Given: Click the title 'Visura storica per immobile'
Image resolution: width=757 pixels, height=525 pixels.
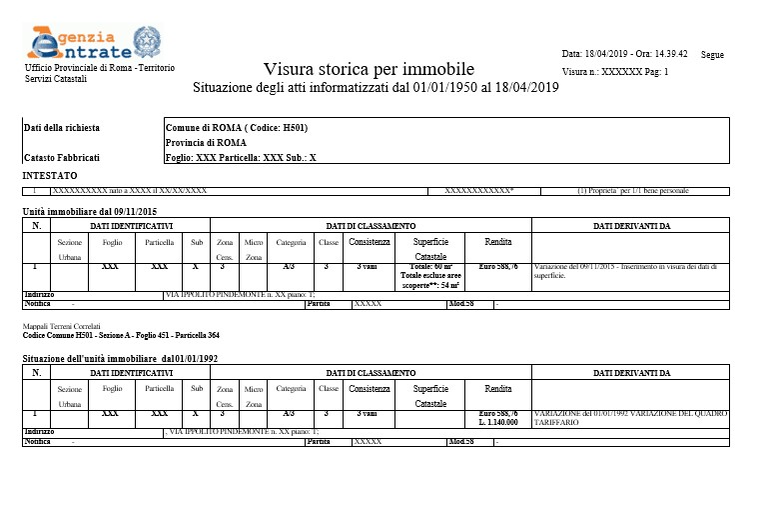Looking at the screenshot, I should [368, 69].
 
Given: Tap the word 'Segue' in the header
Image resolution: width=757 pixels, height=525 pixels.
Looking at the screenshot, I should [712, 55].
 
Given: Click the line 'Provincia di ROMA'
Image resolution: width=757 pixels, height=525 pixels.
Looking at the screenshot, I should [206, 143].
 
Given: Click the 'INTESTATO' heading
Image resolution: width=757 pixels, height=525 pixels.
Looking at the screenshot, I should [50, 175].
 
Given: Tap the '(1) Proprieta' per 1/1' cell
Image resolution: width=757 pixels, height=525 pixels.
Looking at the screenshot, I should [633, 190].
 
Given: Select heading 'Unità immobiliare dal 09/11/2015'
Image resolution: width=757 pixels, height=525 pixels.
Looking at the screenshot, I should [90, 212].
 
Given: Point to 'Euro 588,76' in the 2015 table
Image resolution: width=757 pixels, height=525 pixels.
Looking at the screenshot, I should [498, 267].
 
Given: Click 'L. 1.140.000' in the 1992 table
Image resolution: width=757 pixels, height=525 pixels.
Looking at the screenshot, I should [498, 422].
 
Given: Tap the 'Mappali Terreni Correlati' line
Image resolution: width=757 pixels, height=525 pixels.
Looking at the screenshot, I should [61, 326].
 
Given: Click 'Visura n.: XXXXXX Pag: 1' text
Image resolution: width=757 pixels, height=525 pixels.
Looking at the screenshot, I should [615, 72].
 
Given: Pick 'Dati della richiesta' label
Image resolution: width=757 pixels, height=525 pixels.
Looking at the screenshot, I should [62, 128].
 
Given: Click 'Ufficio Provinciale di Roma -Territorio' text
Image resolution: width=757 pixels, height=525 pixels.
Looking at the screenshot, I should [99, 67].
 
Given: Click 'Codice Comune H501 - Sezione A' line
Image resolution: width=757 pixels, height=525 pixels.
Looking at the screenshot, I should [121, 335].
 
